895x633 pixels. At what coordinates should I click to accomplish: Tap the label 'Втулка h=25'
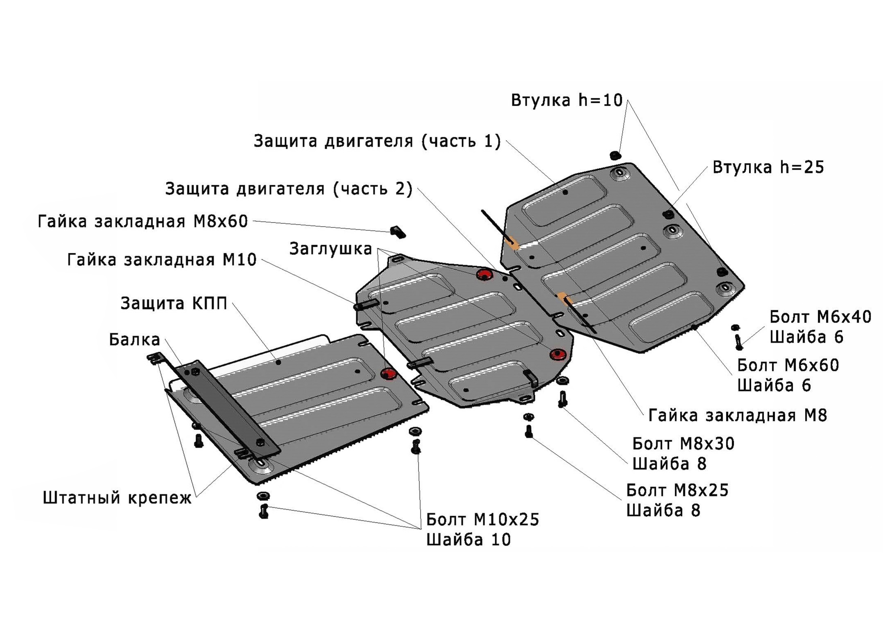click(768, 167)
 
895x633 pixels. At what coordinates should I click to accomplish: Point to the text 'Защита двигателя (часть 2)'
click(289, 189)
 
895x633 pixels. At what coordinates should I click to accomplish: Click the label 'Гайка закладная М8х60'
click(143, 222)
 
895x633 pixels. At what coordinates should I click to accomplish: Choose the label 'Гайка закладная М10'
click(162, 260)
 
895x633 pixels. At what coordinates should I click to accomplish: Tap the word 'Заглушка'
click(331, 249)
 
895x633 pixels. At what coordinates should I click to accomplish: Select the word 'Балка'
click(134, 340)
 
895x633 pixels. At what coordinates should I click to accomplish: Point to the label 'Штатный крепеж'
click(117, 498)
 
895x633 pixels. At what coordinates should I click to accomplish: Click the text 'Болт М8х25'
click(677, 490)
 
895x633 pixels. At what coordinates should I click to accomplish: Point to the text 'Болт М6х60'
click(788, 366)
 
